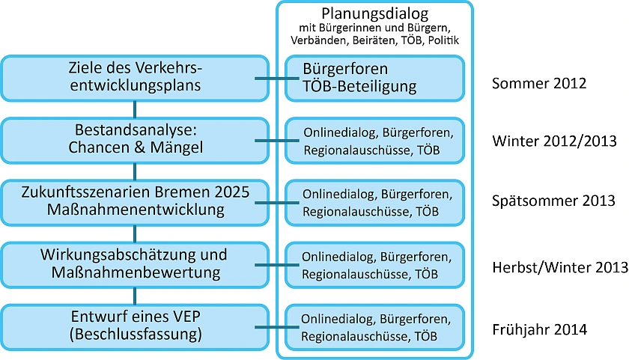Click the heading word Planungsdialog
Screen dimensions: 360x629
(375, 13)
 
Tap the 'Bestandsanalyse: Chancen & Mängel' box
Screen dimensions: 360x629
(136, 139)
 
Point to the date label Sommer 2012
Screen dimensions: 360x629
(539, 83)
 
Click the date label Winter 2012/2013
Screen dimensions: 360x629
(554, 141)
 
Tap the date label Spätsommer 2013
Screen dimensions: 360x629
(553, 201)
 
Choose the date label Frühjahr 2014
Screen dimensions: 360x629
(539, 328)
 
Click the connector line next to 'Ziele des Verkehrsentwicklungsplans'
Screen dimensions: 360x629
(277, 78)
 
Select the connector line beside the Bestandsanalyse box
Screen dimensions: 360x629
(277, 140)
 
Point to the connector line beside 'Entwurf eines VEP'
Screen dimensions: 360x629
(277, 326)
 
